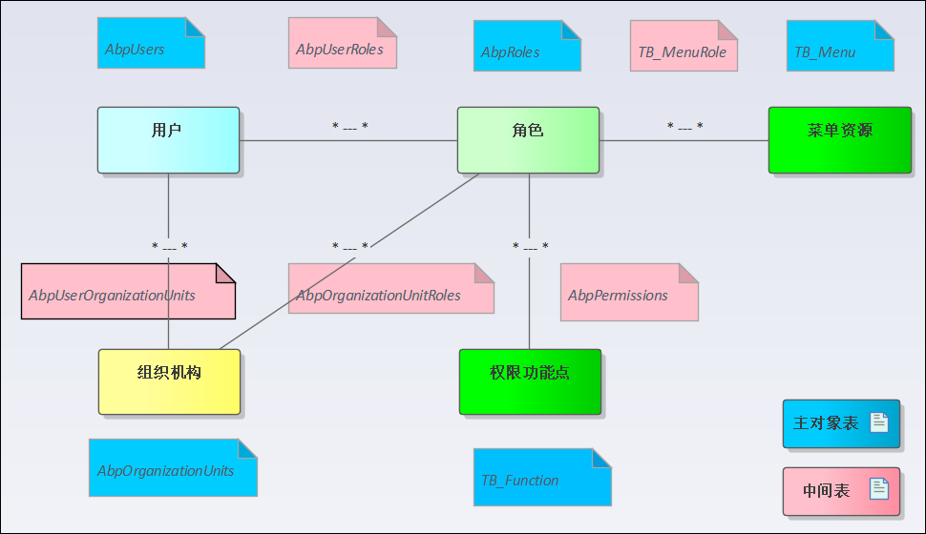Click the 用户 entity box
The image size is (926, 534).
[x=168, y=140]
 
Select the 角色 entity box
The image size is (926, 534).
[x=528, y=140]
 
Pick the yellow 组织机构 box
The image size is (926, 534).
[x=169, y=381]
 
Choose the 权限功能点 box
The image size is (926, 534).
[x=530, y=381]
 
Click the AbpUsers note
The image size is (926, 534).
[x=151, y=44]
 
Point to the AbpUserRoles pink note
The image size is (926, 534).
[x=342, y=44]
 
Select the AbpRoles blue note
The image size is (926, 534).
[x=527, y=46]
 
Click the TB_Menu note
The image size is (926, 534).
[x=840, y=46]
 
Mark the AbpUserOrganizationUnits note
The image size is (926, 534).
[x=128, y=291]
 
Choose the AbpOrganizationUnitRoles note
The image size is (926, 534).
[x=390, y=289]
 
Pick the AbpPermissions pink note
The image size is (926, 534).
[x=629, y=292]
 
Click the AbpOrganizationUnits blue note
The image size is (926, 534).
[x=173, y=467]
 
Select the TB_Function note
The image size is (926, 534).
[x=541, y=477]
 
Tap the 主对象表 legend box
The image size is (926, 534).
[x=840, y=423]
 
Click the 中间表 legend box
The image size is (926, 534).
[x=840, y=491]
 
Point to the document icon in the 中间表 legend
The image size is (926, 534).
[x=878, y=490]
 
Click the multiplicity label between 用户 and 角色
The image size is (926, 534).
[x=349, y=127]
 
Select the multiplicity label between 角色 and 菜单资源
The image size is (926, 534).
[x=684, y=127]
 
